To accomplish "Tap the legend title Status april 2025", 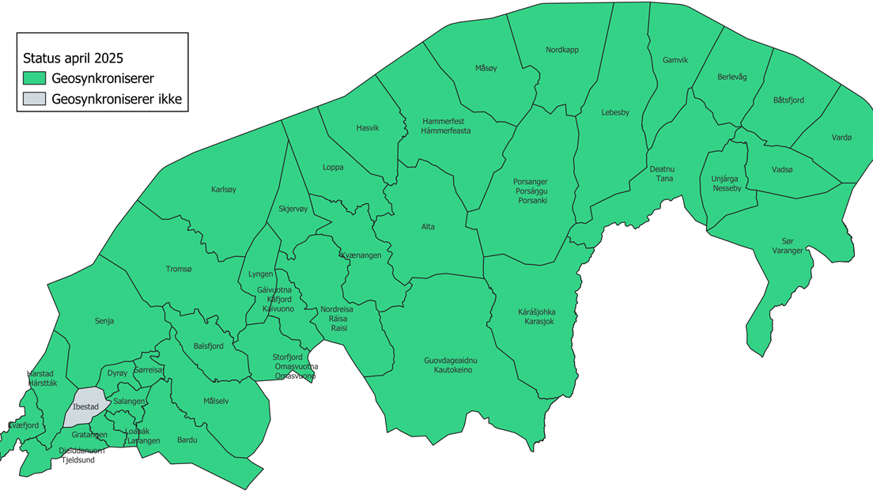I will (x=73, y=59).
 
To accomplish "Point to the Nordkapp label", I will (x=562, y=50).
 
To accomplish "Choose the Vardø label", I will (x=841, y=137).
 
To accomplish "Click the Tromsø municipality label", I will (x=179, y=269).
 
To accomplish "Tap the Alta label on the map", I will (x=428, y=227).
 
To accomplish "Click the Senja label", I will (x=104, y=321).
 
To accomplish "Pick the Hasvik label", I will (x=368, y=128).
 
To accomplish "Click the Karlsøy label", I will (x=224, y=190).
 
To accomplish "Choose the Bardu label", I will (x=187, y=440).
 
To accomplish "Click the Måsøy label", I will (x=486, y=67).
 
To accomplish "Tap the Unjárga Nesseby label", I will (x=726, y=184).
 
